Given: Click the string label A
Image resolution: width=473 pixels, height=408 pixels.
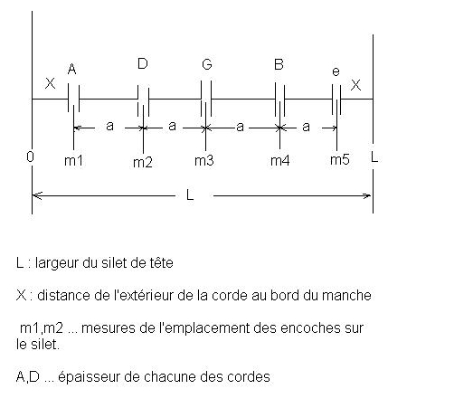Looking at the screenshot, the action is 71,69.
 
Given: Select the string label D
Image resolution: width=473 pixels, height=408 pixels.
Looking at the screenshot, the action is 143,63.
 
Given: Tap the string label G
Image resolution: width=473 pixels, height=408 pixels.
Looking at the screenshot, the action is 207,64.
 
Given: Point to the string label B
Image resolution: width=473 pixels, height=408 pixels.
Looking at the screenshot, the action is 279,64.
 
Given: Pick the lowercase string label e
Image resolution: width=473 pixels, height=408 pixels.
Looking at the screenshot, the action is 336,71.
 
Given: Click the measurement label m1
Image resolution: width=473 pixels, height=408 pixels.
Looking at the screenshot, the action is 73,160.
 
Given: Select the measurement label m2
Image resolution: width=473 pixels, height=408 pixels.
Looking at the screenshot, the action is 143,162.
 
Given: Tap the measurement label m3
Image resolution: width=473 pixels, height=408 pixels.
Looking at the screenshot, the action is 204,160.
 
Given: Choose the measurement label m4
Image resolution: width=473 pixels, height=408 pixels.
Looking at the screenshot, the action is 280,160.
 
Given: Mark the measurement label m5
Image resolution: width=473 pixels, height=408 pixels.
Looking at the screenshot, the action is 340,159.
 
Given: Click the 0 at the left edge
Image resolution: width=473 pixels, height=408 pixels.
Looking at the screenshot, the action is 30,157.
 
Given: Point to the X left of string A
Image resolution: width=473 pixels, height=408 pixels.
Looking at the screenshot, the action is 50,83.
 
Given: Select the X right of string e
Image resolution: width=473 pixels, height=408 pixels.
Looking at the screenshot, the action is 355,85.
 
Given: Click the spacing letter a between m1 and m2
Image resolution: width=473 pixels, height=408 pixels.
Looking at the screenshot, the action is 109,126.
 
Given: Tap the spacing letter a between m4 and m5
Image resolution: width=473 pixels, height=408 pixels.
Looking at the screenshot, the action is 306,127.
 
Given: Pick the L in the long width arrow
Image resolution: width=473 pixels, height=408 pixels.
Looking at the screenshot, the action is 190,195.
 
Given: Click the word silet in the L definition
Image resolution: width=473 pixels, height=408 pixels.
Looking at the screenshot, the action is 114,262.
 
